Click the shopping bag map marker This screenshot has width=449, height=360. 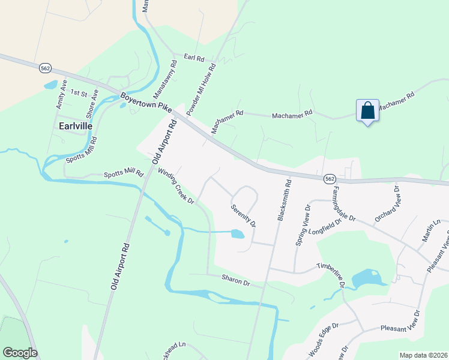tap(367, 111)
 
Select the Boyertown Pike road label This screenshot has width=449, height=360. tap(145, 103)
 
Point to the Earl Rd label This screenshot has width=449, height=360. tap(194, 59)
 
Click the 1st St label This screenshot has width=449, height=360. tap(79, 93)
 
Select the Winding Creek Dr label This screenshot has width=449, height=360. tap(176, 186)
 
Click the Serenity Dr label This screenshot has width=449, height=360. tap(244, 216)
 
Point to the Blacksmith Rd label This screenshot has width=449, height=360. tap(284, 200)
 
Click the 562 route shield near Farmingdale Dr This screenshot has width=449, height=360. tap(329, 179)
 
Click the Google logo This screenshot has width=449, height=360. tap(20, 353)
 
